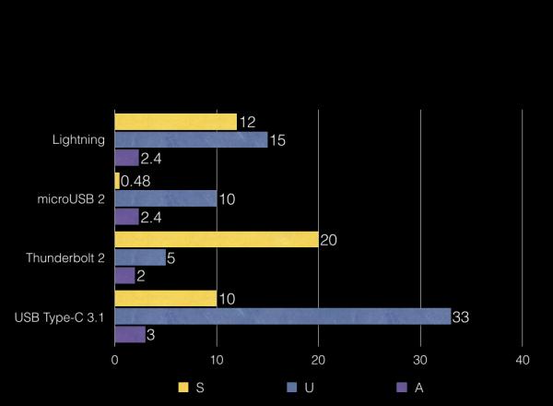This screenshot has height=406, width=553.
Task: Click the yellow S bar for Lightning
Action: click(176, 122)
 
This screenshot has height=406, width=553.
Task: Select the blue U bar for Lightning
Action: click(191, 139)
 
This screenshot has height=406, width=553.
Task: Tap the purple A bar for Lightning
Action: click(127, 158)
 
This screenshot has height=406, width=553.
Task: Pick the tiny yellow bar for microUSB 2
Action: click(117, 181)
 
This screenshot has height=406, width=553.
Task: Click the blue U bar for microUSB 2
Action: click(166, 198)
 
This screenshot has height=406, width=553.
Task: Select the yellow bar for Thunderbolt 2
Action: click(217, 239)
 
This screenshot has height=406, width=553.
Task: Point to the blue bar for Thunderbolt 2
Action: click(140, 257)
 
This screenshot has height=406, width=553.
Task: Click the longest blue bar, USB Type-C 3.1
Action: click(283, 316)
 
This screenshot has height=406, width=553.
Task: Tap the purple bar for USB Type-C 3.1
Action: click(130, 334)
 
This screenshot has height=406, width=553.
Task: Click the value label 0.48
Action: click(135, 181)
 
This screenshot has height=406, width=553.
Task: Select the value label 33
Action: click(461, 317)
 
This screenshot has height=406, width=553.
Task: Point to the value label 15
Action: click(277, 140)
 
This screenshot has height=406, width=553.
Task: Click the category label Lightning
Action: click(78, 140)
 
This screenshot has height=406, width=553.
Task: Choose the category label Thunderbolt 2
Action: click(65, 257)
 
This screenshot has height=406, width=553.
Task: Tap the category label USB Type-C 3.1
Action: click(59, 317)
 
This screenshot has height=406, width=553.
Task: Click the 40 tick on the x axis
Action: click(523, 360)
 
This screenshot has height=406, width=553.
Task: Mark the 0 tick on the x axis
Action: click(114, 360)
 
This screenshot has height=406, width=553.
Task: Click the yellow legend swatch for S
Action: click(183, 388)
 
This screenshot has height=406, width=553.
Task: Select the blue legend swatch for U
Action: click(292, 388)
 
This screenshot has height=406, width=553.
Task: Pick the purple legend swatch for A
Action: click(402, 388)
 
